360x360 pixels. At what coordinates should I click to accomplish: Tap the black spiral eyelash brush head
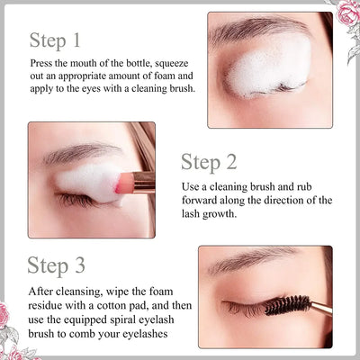tap(287, 305)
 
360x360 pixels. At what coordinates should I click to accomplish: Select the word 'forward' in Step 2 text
tap(202, 199)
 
